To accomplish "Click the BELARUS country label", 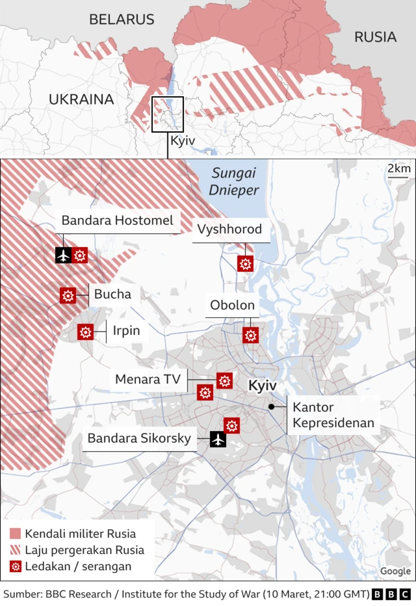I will click(122, 20).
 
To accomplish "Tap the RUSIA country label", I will click(375, 37).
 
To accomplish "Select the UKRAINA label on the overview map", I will click(81, 99).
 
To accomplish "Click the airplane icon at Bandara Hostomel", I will click(63, 256).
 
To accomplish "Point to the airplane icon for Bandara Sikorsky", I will click(218, 440).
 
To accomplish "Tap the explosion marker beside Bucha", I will click(68, 295).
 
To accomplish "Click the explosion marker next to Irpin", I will click(85, 332).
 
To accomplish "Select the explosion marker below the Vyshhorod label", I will click(245, 263).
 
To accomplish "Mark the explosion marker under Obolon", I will click(250, 335).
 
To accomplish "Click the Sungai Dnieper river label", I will click(235, 181).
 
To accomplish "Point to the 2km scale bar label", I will click(398, 169).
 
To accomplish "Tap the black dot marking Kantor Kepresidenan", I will click(271, 407).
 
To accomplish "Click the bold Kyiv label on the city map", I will click(263, 386).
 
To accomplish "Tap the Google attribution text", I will click(395, 571).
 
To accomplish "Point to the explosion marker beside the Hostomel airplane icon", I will click(80, 256).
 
